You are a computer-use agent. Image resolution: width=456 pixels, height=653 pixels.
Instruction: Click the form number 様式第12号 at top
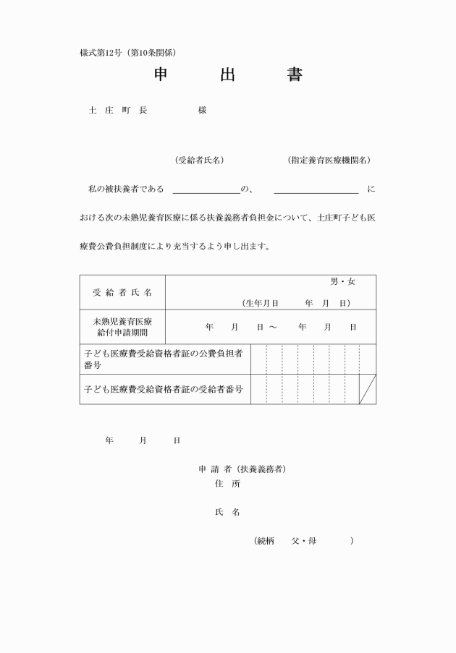101,53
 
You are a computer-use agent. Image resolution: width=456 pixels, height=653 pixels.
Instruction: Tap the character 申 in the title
161,74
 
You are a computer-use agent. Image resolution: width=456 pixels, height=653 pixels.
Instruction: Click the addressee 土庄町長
118,111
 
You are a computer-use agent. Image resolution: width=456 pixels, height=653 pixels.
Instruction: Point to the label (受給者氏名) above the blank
199,160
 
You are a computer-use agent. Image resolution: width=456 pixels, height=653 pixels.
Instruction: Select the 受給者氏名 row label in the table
122,292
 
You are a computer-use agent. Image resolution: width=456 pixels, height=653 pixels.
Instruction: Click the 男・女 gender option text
343,281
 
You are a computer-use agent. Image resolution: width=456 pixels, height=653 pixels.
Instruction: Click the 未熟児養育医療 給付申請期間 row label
122,327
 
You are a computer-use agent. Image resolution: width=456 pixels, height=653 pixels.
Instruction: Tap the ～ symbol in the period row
272,328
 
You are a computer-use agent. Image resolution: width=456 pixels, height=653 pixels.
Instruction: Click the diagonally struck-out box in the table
368,389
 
